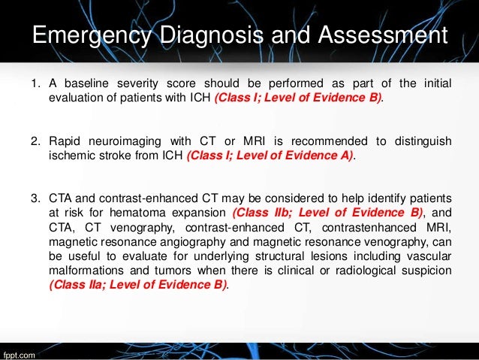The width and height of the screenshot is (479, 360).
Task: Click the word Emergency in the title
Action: [x=84, y=36]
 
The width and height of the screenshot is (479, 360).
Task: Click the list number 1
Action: [x=34, y=81]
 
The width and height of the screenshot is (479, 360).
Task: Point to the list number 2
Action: [x=34, y=140]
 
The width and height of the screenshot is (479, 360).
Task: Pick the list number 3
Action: [x=34, y=198]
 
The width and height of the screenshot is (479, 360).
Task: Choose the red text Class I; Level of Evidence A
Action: [x=269, y=156]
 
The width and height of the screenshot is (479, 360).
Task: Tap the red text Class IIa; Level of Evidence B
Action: [x=137, y=285]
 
